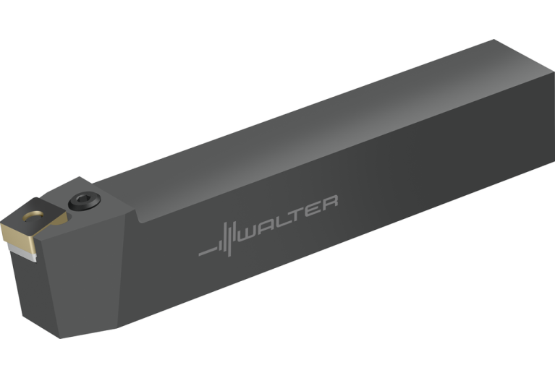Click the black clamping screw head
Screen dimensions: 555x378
(x=84, y=201)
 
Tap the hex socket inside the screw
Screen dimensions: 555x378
(x=84, y=199)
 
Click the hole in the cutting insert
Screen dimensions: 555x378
(x=33, y=216)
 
